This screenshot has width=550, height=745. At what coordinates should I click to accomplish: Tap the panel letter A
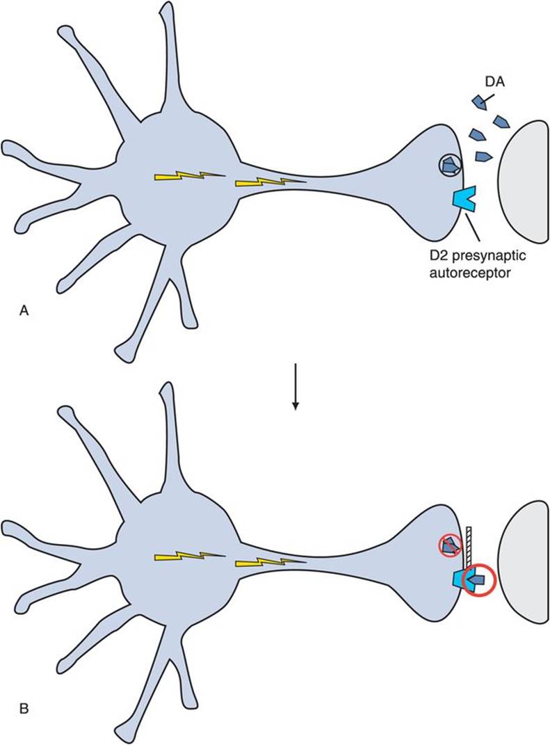coord(23,312)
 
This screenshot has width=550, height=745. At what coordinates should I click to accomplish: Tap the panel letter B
coord(23,710)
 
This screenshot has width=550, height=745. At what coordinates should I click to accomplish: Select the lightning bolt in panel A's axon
coord(270,183)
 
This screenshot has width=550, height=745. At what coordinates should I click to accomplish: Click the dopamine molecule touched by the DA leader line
coord(479,102)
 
